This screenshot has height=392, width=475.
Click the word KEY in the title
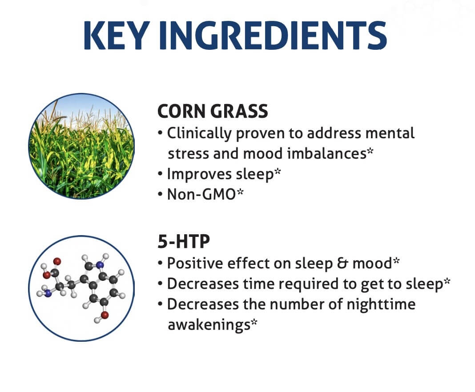117,35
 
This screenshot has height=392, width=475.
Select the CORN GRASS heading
213,111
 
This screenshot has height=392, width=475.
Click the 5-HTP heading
184,241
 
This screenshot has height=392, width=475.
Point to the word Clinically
199,133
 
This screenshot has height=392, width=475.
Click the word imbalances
326,153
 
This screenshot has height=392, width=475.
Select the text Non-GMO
201,194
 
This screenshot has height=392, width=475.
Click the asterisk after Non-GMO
240,192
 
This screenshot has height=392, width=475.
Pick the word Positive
195,264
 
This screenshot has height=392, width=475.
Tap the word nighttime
381,304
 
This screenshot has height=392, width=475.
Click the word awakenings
209,325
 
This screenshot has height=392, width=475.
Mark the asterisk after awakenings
254,322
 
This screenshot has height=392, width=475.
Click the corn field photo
81,146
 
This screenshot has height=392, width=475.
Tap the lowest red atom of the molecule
105,315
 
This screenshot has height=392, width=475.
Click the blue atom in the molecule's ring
100,265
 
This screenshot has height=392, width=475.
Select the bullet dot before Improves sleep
160,174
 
